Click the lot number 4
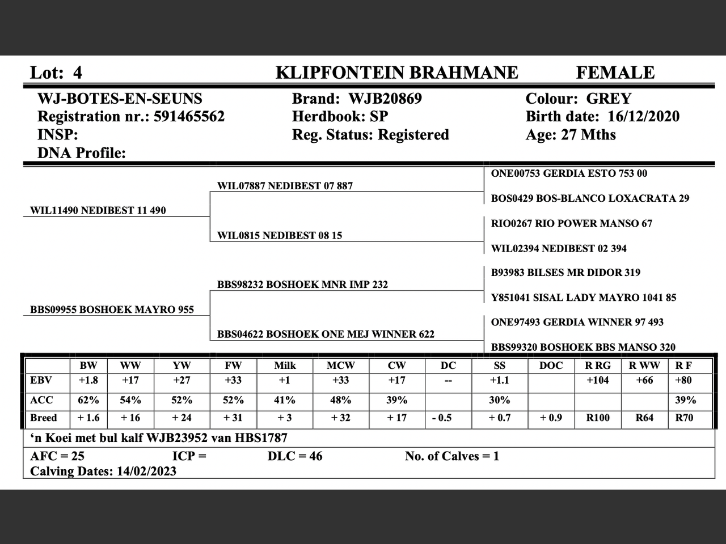[x=78, y=73]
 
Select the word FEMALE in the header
[x=615, y=73]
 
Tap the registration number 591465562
[x=189, y=117]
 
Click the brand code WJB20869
[x=385, y=99]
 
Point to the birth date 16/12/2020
[x=643, y=117]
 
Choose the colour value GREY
[x=609, y=99]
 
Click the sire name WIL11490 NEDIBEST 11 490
[x=98, y=210]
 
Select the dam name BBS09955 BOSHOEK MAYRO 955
[x=112, y=309]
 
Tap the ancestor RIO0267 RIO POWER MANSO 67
[x=572, y=223]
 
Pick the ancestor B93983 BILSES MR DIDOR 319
[x=565, y=273]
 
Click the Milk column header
[x=285, y=365]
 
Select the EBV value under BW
[x=88, y=380]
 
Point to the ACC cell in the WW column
[x=130, y=400]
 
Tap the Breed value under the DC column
[x=448, y=418]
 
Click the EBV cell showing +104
[x=598, y=380]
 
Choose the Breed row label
[x=44, y=418]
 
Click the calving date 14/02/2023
[x=146, y=471]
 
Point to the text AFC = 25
[x=57, y=456]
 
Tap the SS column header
[x=499, y=365]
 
